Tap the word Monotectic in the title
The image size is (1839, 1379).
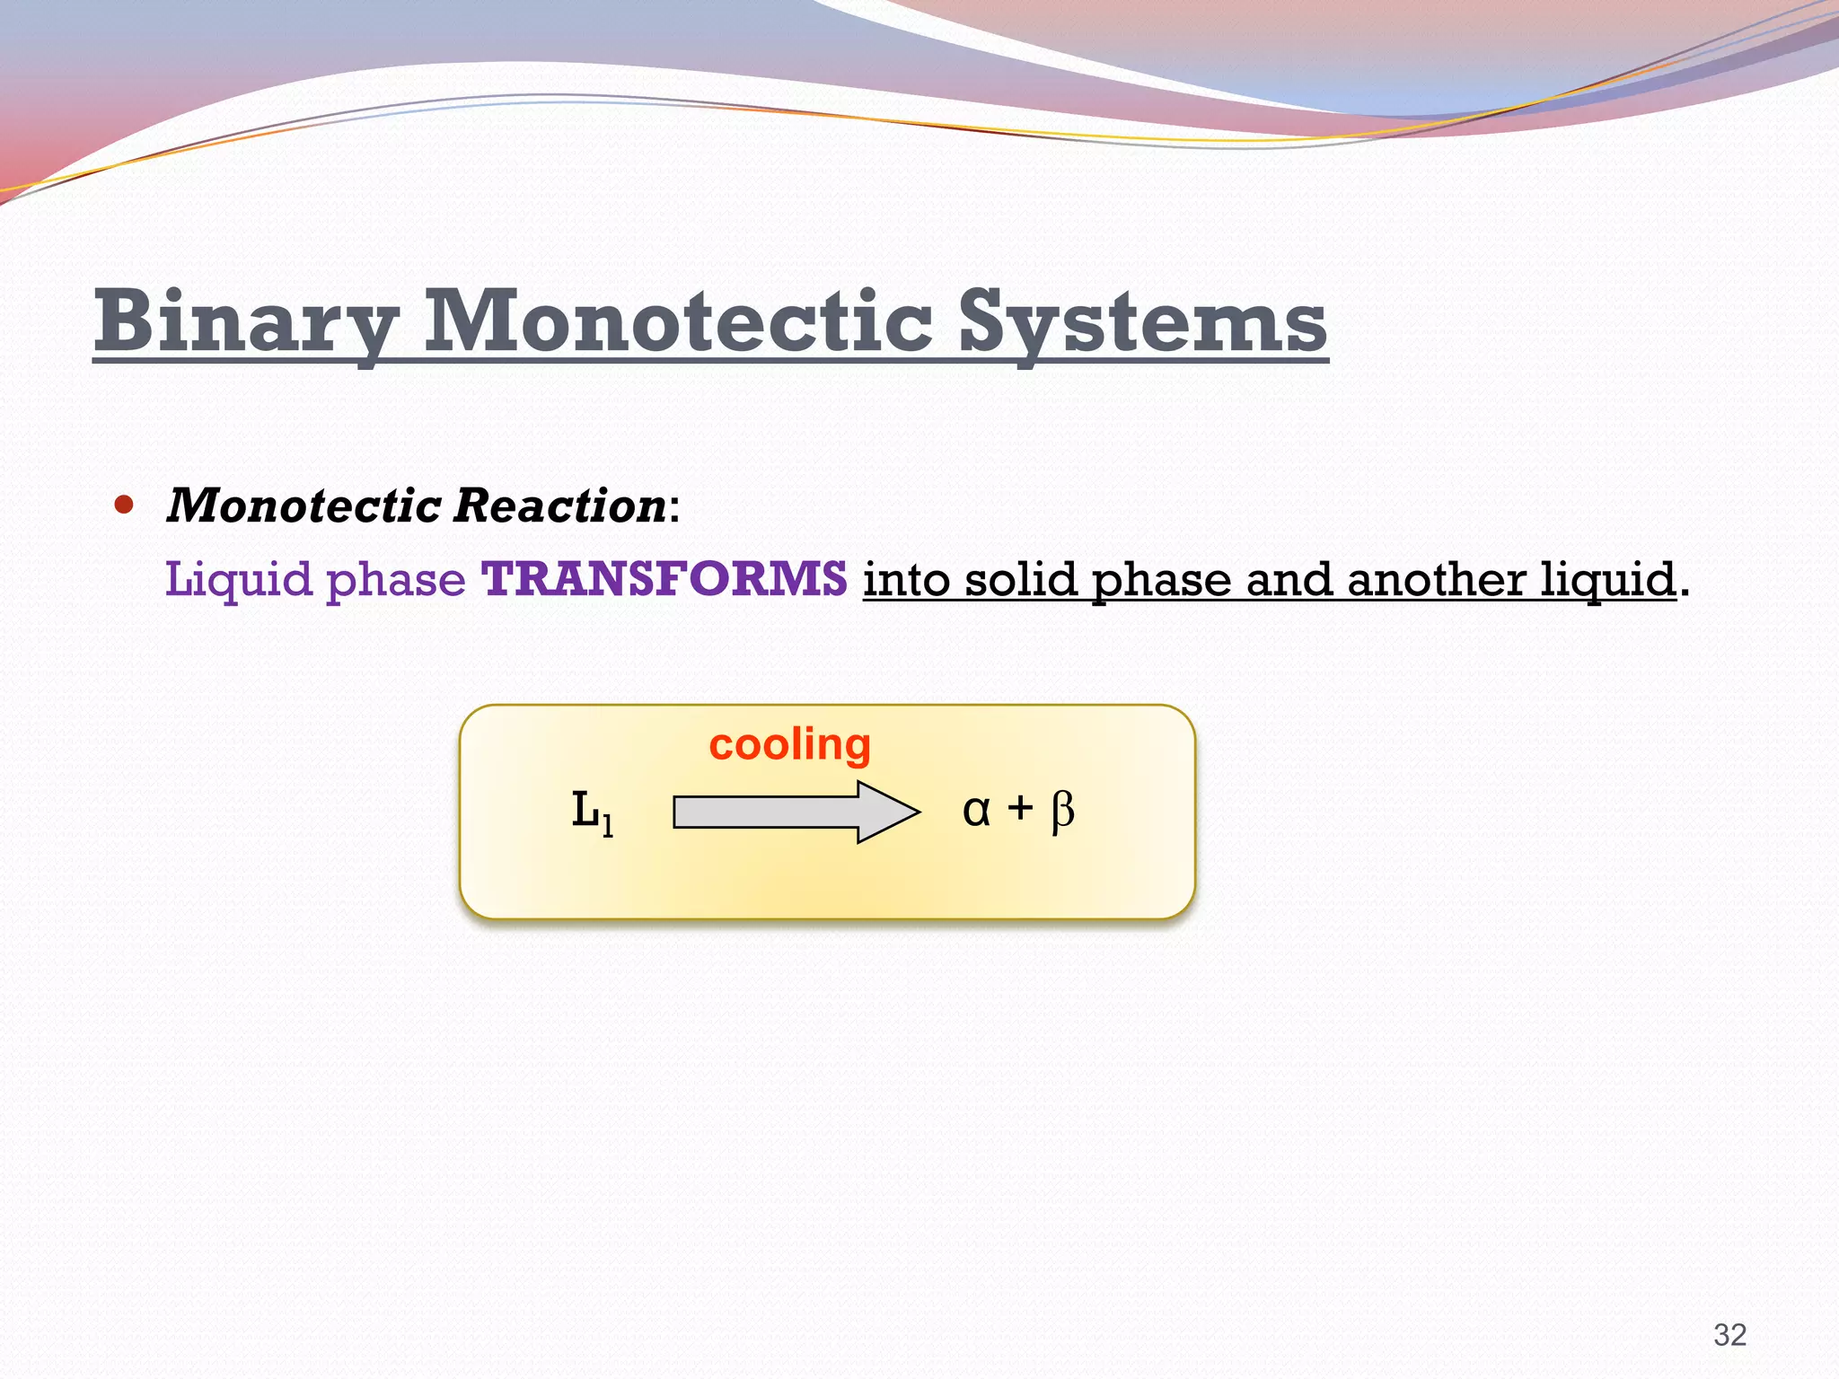[x=678, y=321]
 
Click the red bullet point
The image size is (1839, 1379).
[x=124, y=505]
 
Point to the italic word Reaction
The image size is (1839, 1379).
[x=559, y=505]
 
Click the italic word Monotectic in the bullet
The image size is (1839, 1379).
[x=304, y=505]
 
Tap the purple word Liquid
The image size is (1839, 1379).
[x=238, y=580]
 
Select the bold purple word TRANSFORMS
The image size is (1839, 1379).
[x=664, y=578]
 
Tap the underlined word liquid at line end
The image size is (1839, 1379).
[x=1608, y=580]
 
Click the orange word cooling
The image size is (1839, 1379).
[x=789, y=744]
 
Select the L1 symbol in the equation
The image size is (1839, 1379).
[x=593, y=812]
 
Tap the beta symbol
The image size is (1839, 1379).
[x=1062, y=812]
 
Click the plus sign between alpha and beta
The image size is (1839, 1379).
[x=1019, y=809]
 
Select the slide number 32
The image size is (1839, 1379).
[x=1729, y=1334]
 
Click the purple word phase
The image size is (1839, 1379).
[x=395, y=580]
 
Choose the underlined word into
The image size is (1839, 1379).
[x=906, y=578]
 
